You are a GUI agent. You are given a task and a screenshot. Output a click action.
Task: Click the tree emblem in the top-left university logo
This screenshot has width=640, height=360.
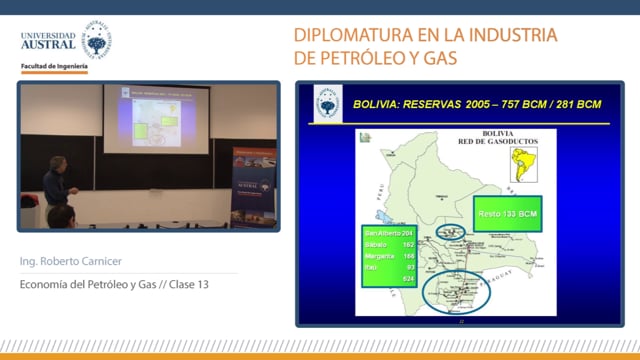96,41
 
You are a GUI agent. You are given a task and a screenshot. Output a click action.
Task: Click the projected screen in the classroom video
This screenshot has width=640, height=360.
156,118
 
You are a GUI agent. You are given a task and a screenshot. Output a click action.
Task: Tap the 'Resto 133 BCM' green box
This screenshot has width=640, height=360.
506,215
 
